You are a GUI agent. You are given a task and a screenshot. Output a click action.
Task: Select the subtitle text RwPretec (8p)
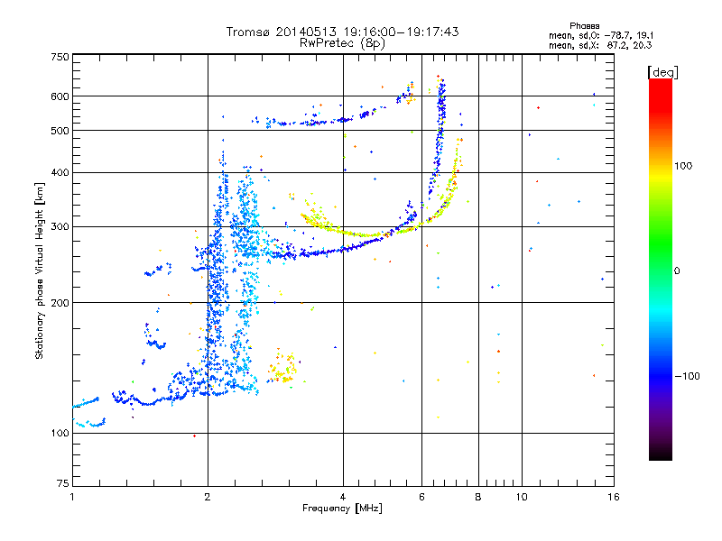[x=342, y=42]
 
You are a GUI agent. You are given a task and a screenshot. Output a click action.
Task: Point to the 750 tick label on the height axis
[x=60, y=57]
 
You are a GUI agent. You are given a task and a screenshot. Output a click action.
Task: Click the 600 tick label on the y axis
[x=60, y=96]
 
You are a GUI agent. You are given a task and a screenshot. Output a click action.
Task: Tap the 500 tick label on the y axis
[x=60, y=131]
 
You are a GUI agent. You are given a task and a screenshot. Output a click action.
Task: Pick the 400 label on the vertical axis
[x=60, y=172]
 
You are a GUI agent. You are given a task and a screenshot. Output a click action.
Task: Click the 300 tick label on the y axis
[x=60, y=226]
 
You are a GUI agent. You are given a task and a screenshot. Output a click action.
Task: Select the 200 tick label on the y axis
[x=60, y=303]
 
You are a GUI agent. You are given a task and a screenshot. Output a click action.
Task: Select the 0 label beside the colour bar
[x=676, y=270]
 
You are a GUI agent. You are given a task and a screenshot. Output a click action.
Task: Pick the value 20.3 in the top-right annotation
[x=642, y=44]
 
